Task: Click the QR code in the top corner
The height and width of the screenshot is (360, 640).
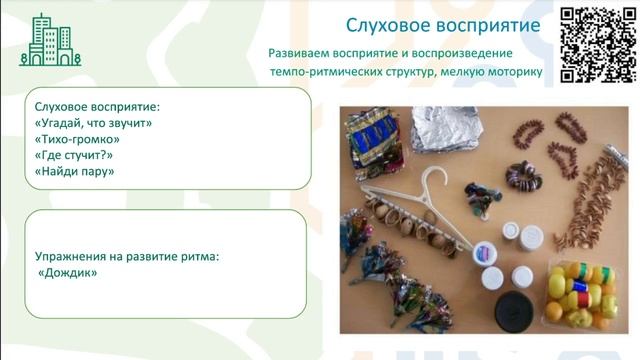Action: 597,44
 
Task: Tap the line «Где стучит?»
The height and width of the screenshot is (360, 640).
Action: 73,155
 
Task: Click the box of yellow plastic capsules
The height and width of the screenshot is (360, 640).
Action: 577,293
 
